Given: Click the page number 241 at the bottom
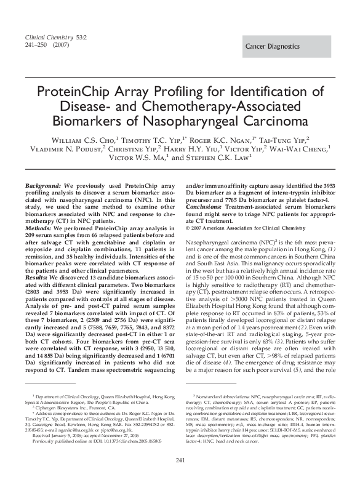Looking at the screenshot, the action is (x=180, y=461).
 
